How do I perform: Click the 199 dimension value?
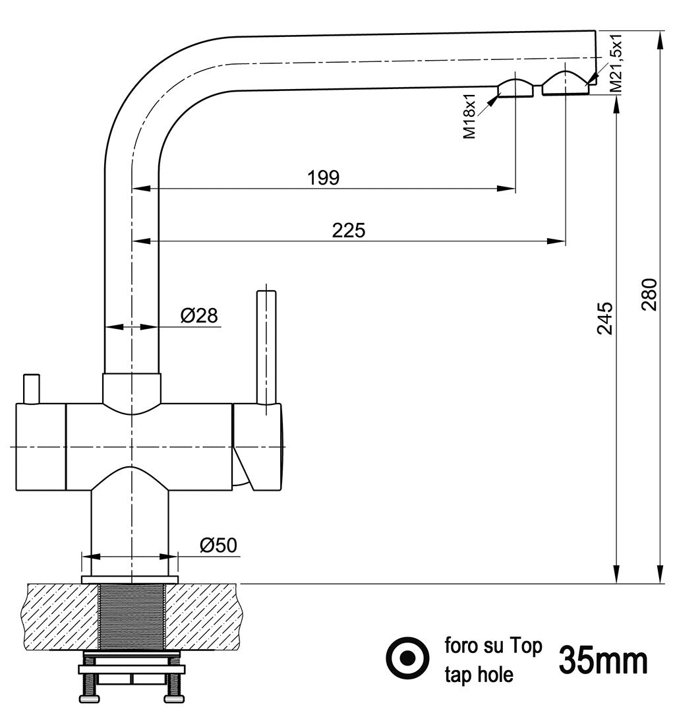pos(323,177)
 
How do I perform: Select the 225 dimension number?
pos(348,230)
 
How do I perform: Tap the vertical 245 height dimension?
pos(605,318)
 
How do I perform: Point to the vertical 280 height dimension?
pos(649,295)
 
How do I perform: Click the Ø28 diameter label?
pos(199,316)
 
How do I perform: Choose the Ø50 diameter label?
pos(218,545)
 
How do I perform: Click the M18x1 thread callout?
pos(469,116)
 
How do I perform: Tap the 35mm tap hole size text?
pos(603,660)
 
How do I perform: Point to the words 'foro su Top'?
pos(494,646)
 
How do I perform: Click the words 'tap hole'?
pos(479,674)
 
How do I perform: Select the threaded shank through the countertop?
pos(132,616)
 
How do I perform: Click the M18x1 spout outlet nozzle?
pos(515,88)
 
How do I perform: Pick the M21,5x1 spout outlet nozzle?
pos(565,83)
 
